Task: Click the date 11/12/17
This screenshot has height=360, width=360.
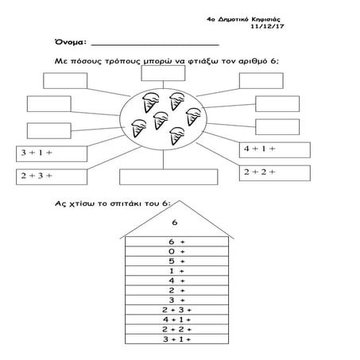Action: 268,26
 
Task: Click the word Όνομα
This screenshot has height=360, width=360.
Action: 69,42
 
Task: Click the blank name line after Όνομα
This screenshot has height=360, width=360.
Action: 155,45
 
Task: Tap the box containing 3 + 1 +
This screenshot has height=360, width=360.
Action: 52,153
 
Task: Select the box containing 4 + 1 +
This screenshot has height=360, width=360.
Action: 275,150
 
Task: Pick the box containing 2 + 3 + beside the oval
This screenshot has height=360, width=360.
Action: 52,176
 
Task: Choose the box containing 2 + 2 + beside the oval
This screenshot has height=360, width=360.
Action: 275,173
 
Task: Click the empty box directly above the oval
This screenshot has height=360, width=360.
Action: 163,73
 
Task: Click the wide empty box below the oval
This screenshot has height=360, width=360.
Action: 168,177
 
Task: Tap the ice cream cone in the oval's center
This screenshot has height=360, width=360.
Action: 161,120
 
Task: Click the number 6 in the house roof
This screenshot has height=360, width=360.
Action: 175,223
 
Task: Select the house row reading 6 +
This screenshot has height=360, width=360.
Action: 176,242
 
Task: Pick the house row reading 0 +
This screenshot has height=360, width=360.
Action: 176,251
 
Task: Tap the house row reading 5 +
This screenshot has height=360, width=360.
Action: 176,261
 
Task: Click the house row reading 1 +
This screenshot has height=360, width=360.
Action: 176,271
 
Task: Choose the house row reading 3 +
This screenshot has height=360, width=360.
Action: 176,300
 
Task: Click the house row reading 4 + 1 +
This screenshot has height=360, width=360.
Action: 176,319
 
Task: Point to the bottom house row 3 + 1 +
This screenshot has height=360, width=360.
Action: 176,339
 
